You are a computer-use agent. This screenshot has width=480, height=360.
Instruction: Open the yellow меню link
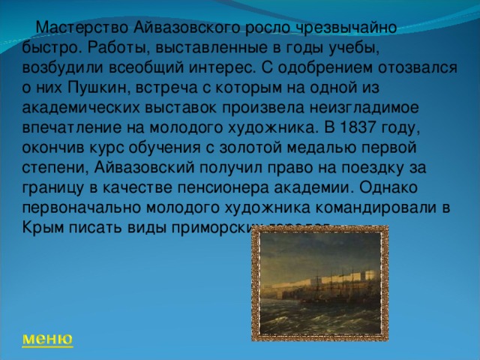[47, 338]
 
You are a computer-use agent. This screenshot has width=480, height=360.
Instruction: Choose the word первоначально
[85, 203]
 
